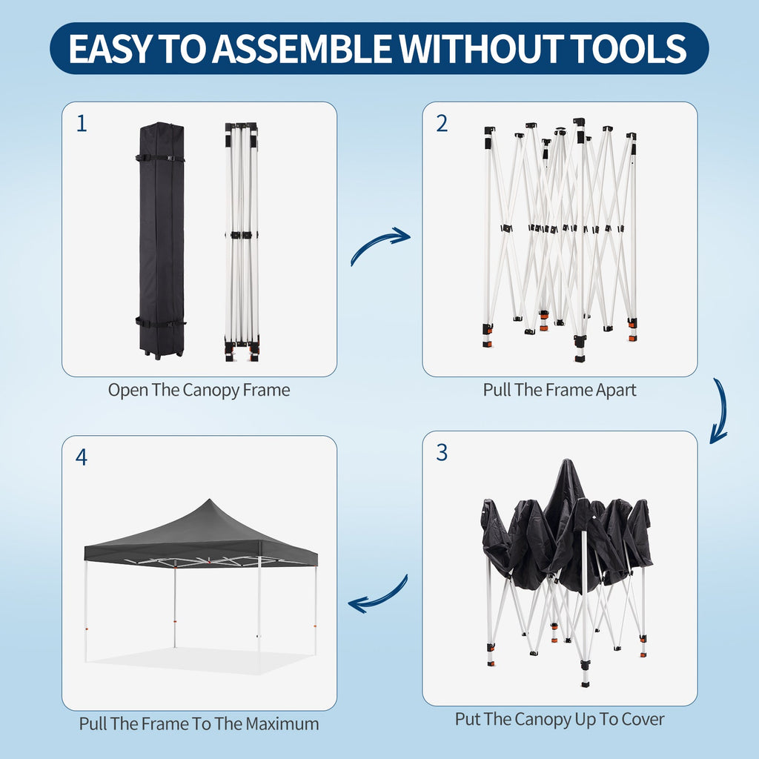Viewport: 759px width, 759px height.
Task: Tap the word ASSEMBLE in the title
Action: coord(302,48)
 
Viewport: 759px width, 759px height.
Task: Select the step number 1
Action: coord(82,124)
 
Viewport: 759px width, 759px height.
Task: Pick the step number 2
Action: coord(442,124)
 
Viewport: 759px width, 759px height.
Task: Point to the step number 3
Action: coord(442,452)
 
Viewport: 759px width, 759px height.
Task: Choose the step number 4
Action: coord(82,457)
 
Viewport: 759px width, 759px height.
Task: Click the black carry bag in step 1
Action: coord(161,241)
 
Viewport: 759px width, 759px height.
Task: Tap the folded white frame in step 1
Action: coord(242,242)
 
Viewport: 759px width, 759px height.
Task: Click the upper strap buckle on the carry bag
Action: coord(170,158)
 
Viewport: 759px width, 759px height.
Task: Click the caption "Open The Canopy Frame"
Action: coord(199,390)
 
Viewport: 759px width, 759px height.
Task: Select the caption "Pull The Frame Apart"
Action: coord(560,390)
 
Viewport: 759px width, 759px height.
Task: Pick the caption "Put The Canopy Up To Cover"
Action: coord(560,719)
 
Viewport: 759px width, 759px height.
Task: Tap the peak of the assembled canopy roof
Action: coord(209,500)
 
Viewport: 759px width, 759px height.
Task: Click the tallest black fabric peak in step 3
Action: coord(566,463)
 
